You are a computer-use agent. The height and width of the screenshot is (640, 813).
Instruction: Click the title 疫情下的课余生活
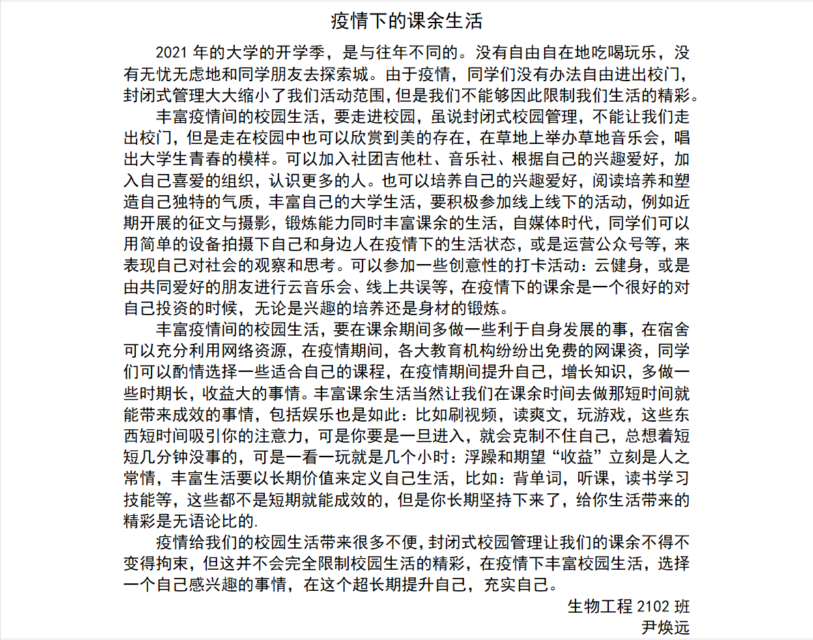click(x=407, y=20)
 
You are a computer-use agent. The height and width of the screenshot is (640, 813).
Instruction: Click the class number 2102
click(x=653, y=605)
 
